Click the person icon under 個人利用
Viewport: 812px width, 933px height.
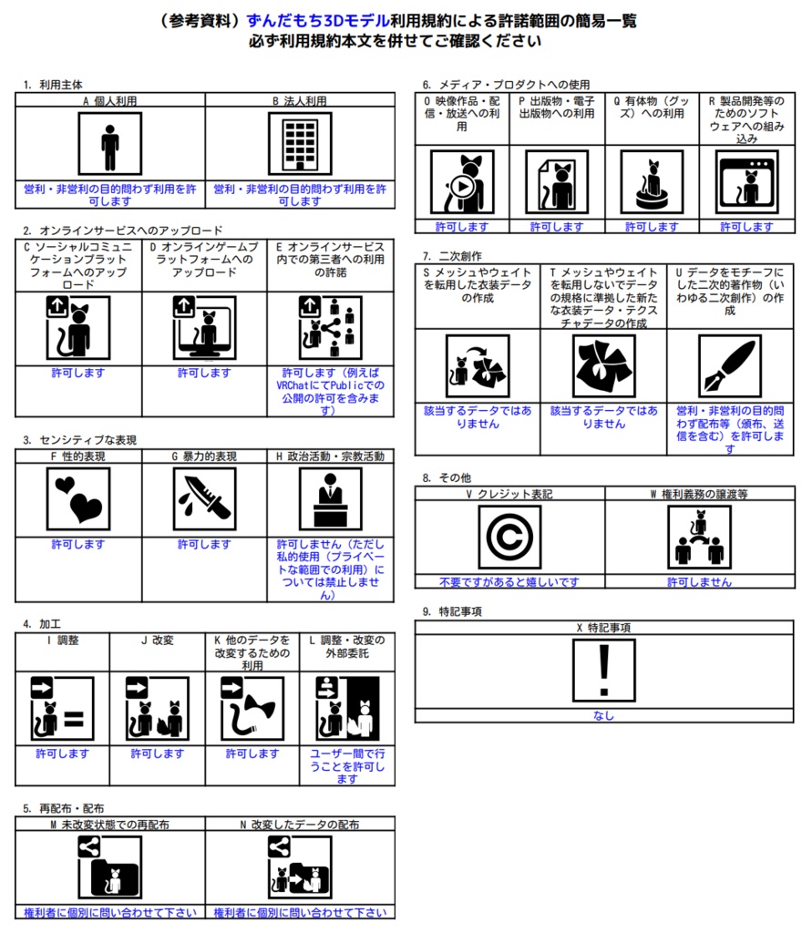coord(109,144)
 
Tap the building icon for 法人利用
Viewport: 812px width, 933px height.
coord(300,144)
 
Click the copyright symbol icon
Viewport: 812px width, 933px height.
coord(509,537)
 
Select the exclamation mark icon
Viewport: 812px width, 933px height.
coord(602,672)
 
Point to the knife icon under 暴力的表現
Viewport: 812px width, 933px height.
coord(204,499)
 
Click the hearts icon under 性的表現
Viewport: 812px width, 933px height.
coord(77,499)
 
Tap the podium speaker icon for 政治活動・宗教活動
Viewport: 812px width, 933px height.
coord(330,499)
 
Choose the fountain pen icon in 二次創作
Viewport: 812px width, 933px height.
coord(729,366)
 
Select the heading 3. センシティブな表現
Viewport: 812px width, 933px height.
coord(80,440)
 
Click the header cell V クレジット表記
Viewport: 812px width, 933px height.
coord(509,494)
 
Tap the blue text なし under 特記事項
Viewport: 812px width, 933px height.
coord(602,716)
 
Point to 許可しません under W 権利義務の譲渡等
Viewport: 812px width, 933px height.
coord(699,582)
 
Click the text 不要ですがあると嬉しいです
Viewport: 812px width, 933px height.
coord(509,582)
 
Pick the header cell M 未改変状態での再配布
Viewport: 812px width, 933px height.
coord(109,825)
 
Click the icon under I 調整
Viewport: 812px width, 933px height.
coord(61,708)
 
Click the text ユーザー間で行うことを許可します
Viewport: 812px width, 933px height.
coord(347,766)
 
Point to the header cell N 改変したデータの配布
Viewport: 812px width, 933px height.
coord(300,825)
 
